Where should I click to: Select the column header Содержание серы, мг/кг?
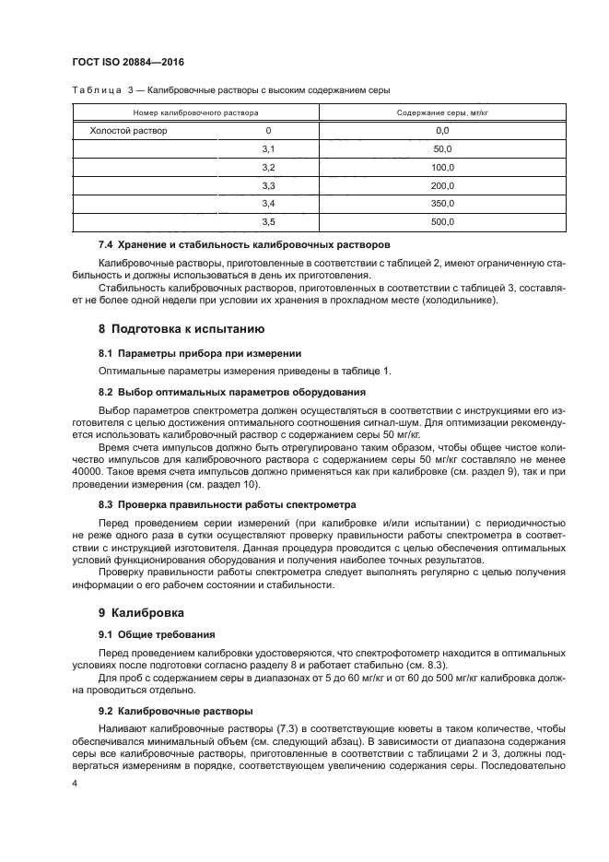[441, 112]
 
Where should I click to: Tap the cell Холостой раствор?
[128, 131]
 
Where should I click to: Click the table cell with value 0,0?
[441, 131]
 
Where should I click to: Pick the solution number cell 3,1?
[268, 148]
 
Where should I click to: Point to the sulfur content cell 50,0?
[441, 148]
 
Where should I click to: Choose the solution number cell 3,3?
[268, 185]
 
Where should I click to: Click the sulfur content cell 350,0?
[441, 203]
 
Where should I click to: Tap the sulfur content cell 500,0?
[441, 221]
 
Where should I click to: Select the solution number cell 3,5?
[268, 221]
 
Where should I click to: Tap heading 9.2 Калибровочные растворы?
[175, 711]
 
